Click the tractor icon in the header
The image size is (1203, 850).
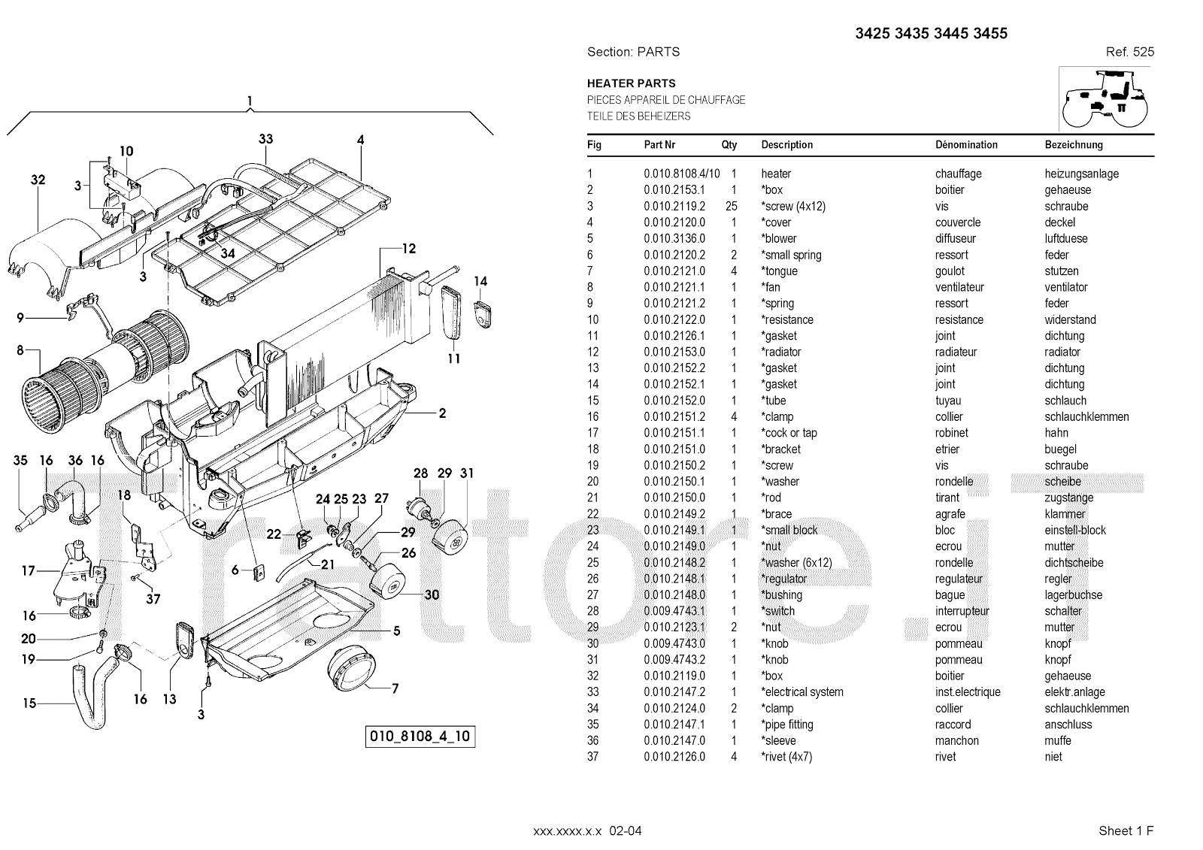(x=1105, y=98)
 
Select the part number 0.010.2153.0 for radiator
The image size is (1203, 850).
(x=674, y=352)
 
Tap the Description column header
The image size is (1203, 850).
(x=786, y=145)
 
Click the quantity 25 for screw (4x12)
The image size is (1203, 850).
(x=731, y=206)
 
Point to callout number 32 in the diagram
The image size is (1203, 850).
(x=38, y=180)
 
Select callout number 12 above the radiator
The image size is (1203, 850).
(x=408, y=249)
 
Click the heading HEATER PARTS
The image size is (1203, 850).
(x=631, y=83)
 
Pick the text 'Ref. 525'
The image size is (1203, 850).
(x=1129, y=52)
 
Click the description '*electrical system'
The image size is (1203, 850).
(x=802, y=692)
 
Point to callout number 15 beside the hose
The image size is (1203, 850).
(x=29, y=703)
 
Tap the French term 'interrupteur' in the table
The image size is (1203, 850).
(x=962, y=611)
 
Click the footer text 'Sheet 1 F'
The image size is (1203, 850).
(x=1126, y=830)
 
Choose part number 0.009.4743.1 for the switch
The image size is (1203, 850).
(x=674, y=611)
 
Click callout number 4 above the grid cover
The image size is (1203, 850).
(x=361, y=140)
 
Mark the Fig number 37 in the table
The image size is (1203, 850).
(x=592, y=757)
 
